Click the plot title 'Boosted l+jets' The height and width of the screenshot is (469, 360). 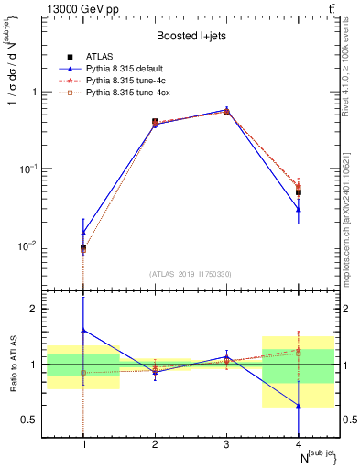click(191, 36)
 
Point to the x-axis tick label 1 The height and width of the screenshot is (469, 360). click(84, 444)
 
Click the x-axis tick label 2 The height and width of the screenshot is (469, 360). click(155, 444)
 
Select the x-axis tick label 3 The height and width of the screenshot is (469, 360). click(227, 444)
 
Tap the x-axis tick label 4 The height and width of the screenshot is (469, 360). click(298, 444)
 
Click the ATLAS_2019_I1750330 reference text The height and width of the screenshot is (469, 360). click(191, 274)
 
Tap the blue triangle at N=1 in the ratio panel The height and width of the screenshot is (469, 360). click(83, 330)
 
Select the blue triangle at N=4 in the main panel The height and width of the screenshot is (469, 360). click(299, 210)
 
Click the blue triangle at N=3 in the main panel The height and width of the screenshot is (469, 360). click(227, 109)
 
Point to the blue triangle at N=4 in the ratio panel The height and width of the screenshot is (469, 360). click(299, 405)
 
